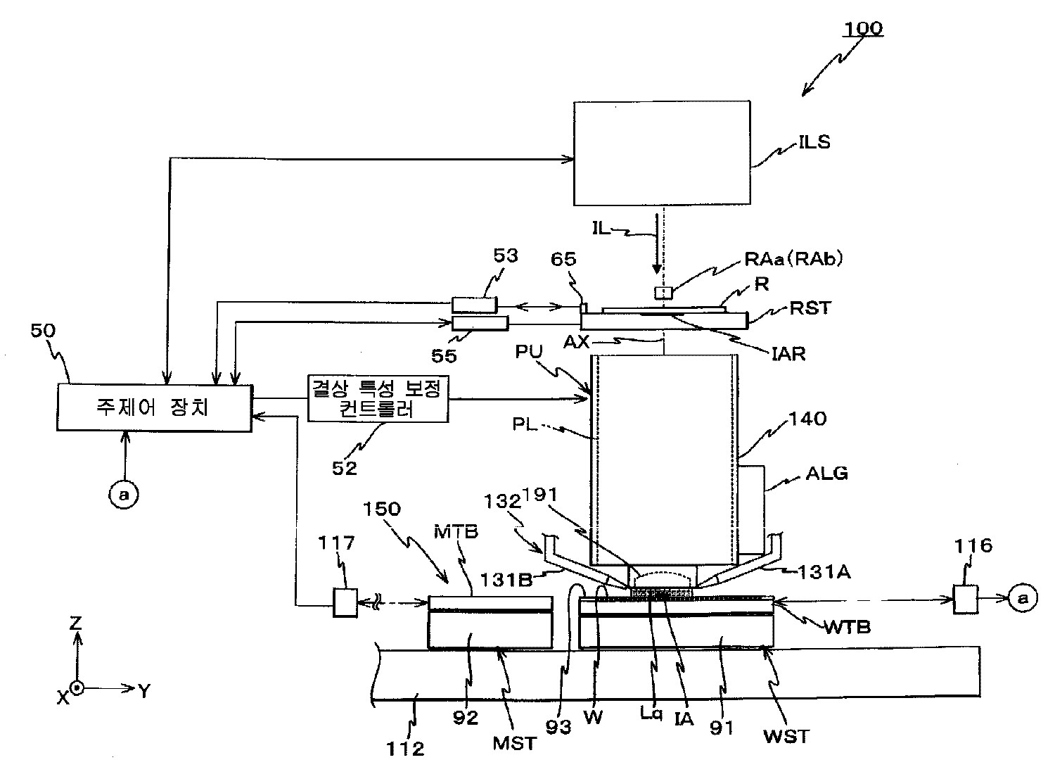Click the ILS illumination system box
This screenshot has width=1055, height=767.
663,153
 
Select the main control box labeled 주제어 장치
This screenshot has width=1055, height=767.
154,407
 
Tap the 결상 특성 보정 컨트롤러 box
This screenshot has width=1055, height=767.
378,399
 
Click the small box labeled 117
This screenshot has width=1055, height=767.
345,602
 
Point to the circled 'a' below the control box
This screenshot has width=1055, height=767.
124,495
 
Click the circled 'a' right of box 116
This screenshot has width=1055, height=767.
1024,598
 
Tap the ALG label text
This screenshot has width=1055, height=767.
826,474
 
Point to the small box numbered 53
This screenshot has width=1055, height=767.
475,304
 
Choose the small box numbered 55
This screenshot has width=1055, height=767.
479,322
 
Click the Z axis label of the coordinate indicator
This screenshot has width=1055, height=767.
76,622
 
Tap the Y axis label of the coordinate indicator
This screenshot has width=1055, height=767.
143,691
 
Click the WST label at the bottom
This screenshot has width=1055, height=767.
786,736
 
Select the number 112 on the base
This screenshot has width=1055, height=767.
406,749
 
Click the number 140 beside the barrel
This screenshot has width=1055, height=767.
808,419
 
